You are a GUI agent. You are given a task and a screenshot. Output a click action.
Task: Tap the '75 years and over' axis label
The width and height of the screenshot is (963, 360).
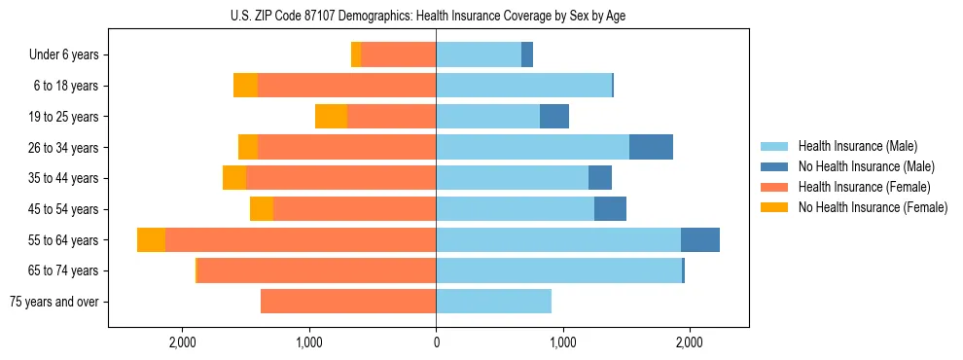(53, 302)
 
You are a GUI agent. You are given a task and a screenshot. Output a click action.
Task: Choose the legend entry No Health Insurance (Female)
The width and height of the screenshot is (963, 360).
(873, 207)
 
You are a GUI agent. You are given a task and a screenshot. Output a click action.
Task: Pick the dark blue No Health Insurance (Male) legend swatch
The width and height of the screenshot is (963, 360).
(774, 166)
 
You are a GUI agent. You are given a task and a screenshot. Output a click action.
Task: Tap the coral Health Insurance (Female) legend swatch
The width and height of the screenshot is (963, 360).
(774, 187)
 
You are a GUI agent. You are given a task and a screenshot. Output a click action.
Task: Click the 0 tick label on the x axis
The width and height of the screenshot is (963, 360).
(436, 342)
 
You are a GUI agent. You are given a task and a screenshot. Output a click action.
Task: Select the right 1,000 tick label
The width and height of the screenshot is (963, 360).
(562, 342)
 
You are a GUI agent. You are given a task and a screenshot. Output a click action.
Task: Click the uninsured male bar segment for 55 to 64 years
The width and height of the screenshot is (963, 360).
(700, 240)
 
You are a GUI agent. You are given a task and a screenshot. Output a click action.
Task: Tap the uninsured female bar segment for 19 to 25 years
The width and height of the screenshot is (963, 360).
(331, 117)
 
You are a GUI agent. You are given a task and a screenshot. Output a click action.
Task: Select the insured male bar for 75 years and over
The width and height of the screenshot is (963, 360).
(493, 302)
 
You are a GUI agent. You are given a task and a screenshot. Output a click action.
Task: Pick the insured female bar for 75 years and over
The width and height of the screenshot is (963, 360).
(348, 302)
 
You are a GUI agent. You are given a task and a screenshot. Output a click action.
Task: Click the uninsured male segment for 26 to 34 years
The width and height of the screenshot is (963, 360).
(651, 147)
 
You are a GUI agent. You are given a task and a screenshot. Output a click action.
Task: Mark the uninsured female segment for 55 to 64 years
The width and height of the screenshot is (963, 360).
(151, 240)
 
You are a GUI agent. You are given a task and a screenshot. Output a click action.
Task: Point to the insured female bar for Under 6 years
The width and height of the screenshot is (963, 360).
(399, 55)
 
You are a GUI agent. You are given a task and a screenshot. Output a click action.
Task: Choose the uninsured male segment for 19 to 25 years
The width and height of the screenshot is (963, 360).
(554, 117)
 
